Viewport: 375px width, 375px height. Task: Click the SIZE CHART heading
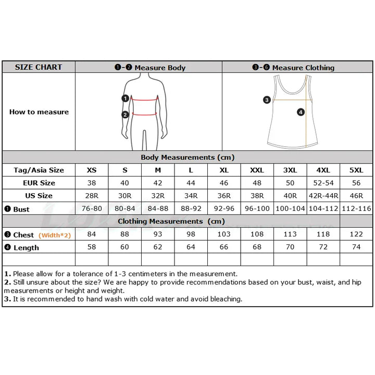click(39, 67)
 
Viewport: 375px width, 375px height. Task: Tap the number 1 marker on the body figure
click(126, 98)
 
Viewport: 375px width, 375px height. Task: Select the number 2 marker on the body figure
click(125, 115)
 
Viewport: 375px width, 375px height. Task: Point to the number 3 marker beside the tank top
click(267, 99)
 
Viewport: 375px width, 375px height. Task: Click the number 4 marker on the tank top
click(301, 112)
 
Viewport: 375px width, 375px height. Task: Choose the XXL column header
click(257, 170)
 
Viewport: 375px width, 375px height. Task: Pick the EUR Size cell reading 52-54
click(323, 183)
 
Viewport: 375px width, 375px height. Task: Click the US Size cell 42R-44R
click(323, 196)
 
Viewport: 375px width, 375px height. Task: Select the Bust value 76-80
click(92, 208)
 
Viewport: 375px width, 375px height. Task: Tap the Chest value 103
click(224, 234)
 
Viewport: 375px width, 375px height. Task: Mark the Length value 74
click(356, 247)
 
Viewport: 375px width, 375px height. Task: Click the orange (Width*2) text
click(55, 235)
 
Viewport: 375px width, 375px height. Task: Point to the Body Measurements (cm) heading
click(187, 157)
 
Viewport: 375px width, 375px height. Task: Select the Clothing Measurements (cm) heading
click(171, 221)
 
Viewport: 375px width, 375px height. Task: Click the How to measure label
click(39, 112)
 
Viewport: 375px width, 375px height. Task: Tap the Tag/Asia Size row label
click(39, 170)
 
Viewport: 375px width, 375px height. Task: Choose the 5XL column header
click(356, 170)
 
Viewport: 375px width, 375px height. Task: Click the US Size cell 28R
click(92, 196)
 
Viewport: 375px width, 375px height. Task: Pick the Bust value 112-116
click(356, 208)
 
